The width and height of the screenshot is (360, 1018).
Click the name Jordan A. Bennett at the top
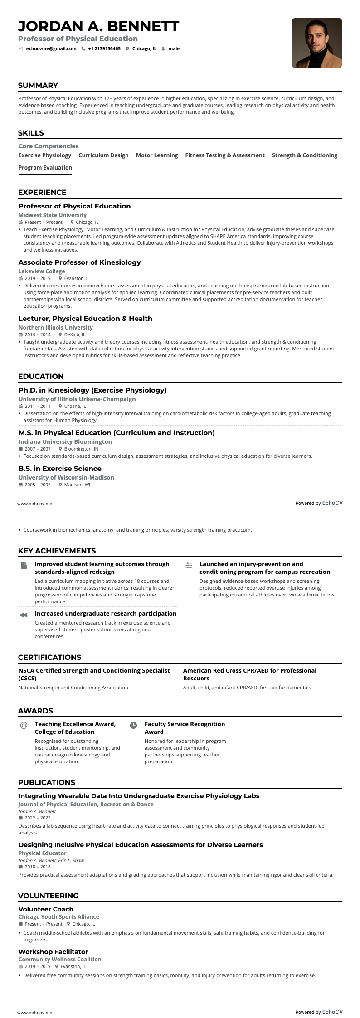click(98, 26)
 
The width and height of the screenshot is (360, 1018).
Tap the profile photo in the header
click(316, 43)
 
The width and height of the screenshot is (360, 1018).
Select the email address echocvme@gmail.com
click(51, 49)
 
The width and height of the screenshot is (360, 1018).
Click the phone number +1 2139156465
click(104, 49)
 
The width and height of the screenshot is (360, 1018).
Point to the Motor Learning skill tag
click(157, 155)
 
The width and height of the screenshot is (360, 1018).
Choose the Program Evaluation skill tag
click(45, 168)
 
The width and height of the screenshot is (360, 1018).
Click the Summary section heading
click(38, 85)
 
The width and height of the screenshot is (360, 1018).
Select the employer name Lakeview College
click(42, 271)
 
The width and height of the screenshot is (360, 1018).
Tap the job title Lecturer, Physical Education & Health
click(85, 319)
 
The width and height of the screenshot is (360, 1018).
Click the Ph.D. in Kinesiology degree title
click(92, 390)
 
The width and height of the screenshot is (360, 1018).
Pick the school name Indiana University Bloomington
click(65, 442)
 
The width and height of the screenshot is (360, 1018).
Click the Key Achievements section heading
click(57, 551)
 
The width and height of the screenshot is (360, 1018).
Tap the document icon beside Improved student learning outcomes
click(24, 565)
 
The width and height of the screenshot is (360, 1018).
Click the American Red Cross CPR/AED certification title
click(249, 674)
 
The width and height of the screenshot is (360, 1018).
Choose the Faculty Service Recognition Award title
click(185, 728)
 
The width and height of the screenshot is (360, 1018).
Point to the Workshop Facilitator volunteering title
click(53, 952)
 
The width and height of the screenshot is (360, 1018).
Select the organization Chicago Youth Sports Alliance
click(58, 917)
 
